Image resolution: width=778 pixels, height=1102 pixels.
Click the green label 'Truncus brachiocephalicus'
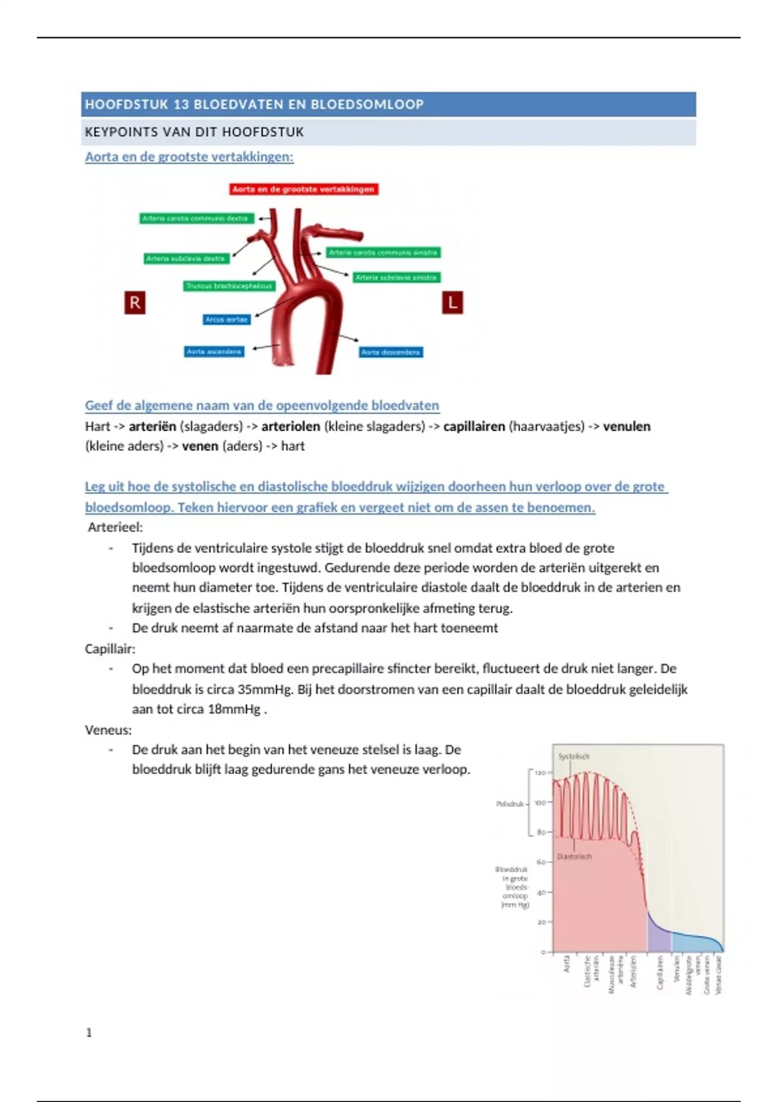click(x=229, y=286)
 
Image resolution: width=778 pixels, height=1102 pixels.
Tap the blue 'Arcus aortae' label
click(x=226, y=320)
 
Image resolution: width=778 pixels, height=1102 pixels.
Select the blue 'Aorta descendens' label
click(x=391, y=353)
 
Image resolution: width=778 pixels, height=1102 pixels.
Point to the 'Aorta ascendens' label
click(x=214, y=351)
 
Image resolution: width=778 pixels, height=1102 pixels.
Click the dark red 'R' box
click(x=135, y=303)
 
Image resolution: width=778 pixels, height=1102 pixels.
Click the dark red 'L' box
click(x=453, y=303)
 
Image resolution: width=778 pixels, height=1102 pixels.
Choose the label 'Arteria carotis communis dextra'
click(x=195, y=218)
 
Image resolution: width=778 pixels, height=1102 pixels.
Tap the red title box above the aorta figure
click(x=303, y=189)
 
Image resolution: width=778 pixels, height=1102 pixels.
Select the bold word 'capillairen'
click(x=474, y=427)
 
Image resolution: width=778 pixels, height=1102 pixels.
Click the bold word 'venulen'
click(x=626, y=427)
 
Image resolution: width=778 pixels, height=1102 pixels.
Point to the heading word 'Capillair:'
click(x=110, y=649)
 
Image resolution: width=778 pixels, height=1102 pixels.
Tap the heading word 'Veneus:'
click(x=108, y=730)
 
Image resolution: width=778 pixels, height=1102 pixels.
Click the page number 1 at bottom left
click(x=89, y=1033)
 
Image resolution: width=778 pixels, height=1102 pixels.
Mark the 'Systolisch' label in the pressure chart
click(x=574, y=756)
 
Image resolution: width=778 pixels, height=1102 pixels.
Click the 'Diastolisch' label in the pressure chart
click(x=574, y=856)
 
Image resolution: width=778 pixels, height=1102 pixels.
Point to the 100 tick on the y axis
click(x=539, y=803)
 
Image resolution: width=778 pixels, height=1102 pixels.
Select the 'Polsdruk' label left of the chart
click(x=510, y=804)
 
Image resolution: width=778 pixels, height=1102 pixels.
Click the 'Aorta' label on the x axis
click(x=567, y=964)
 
